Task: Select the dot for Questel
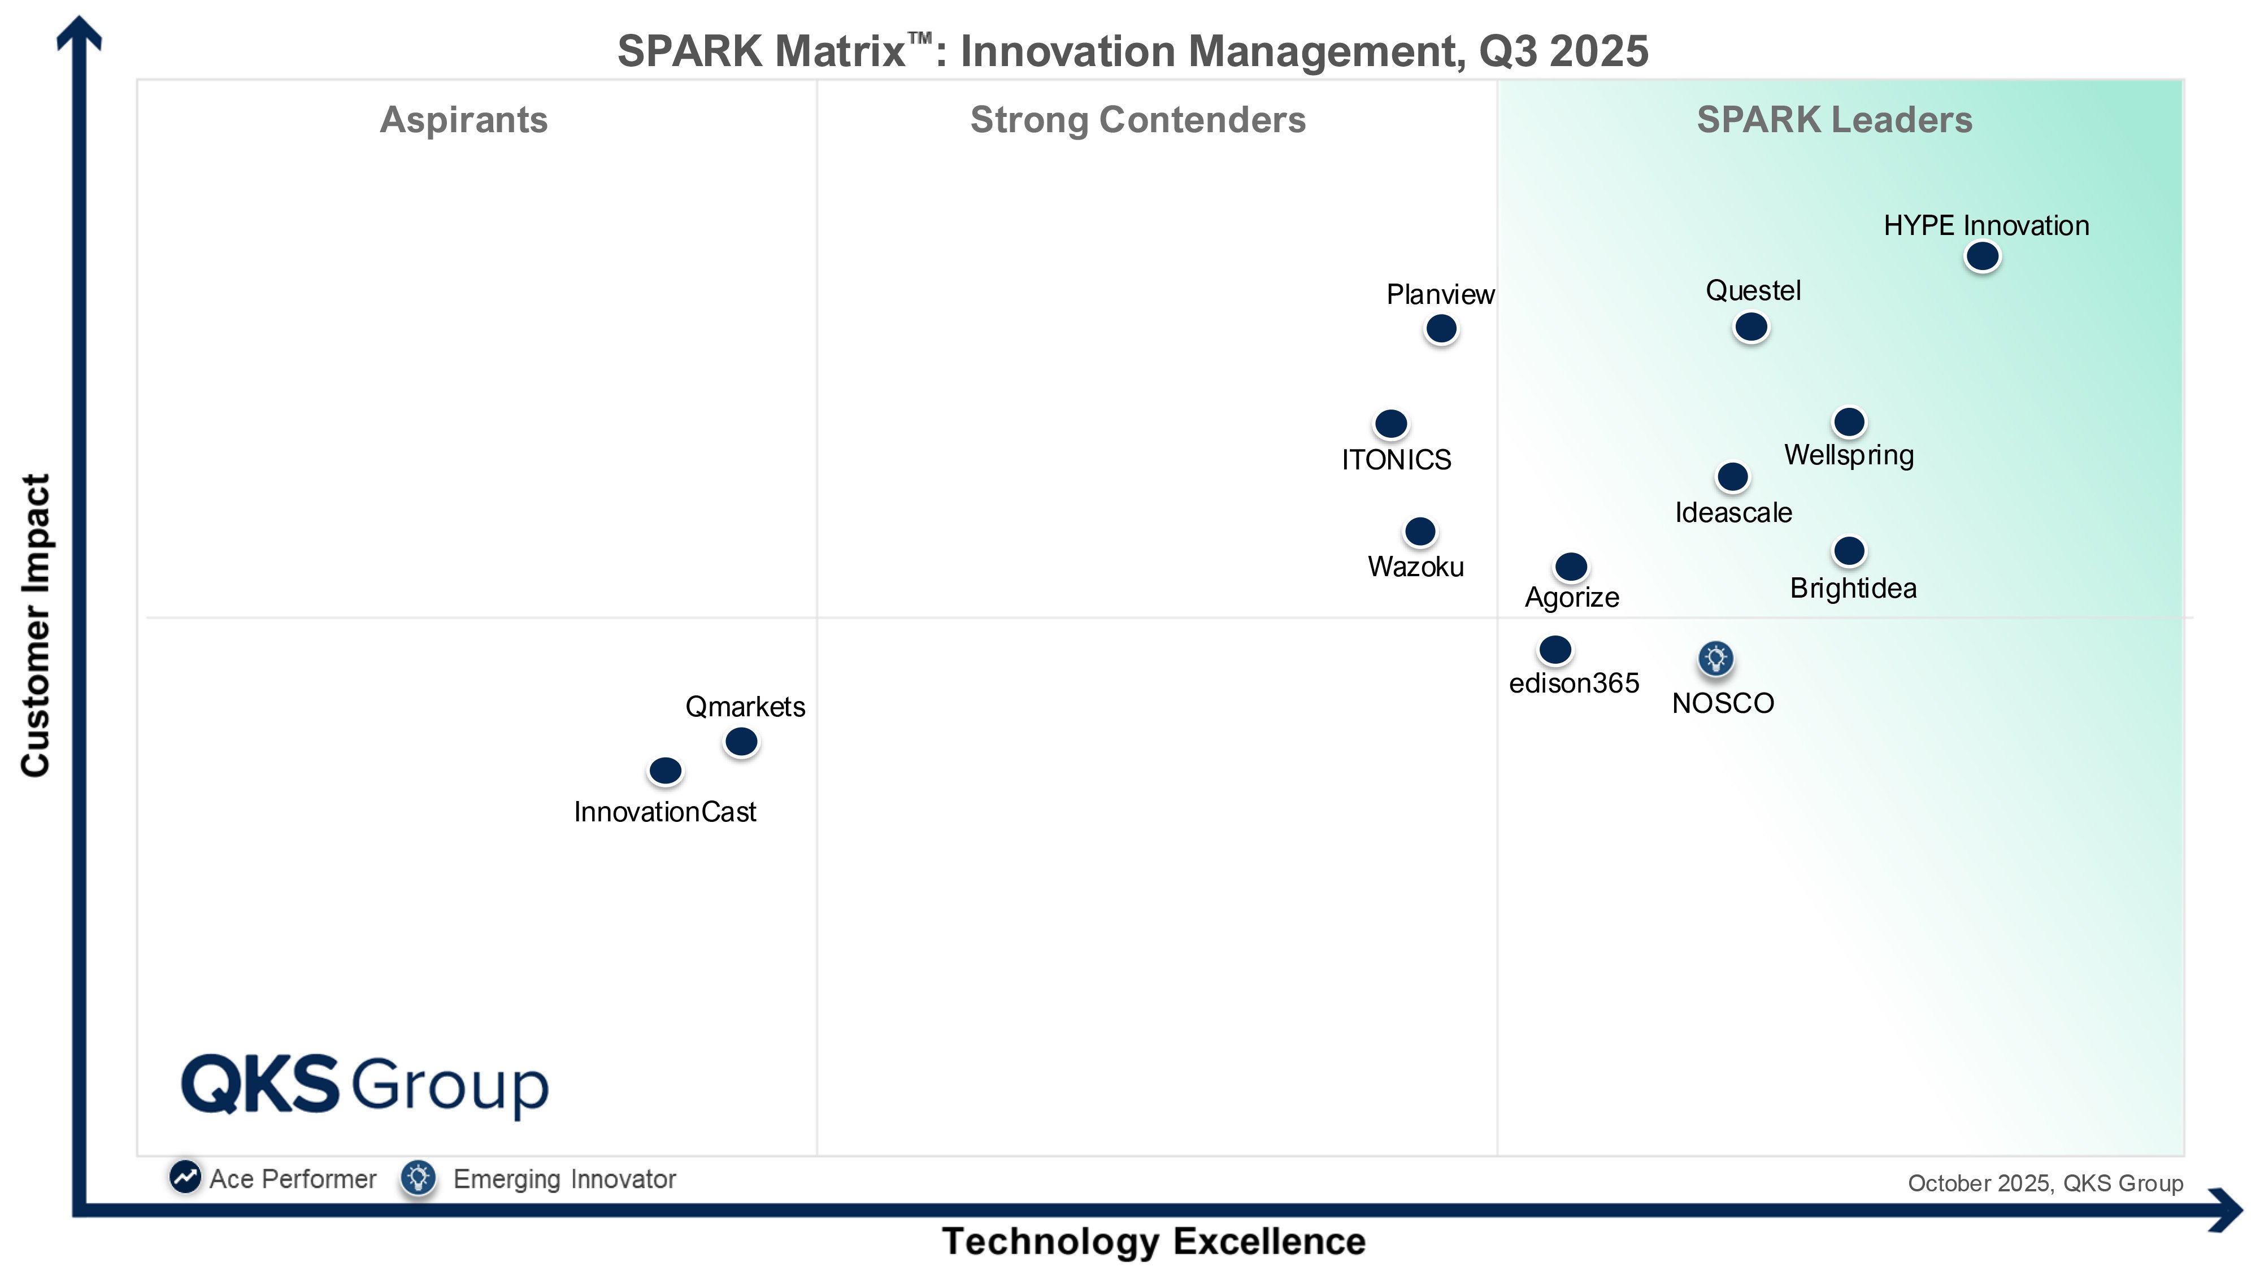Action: tap(1751, 327)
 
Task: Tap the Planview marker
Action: tap(1441, 329)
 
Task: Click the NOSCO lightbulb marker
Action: tap(1715, 658)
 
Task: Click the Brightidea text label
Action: tap(1853, 587)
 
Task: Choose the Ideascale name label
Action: tap(1733, 512)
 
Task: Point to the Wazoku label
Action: tap(1415, 567)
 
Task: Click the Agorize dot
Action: tap(1571, 567)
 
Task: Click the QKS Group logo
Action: tap(364, 1086)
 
